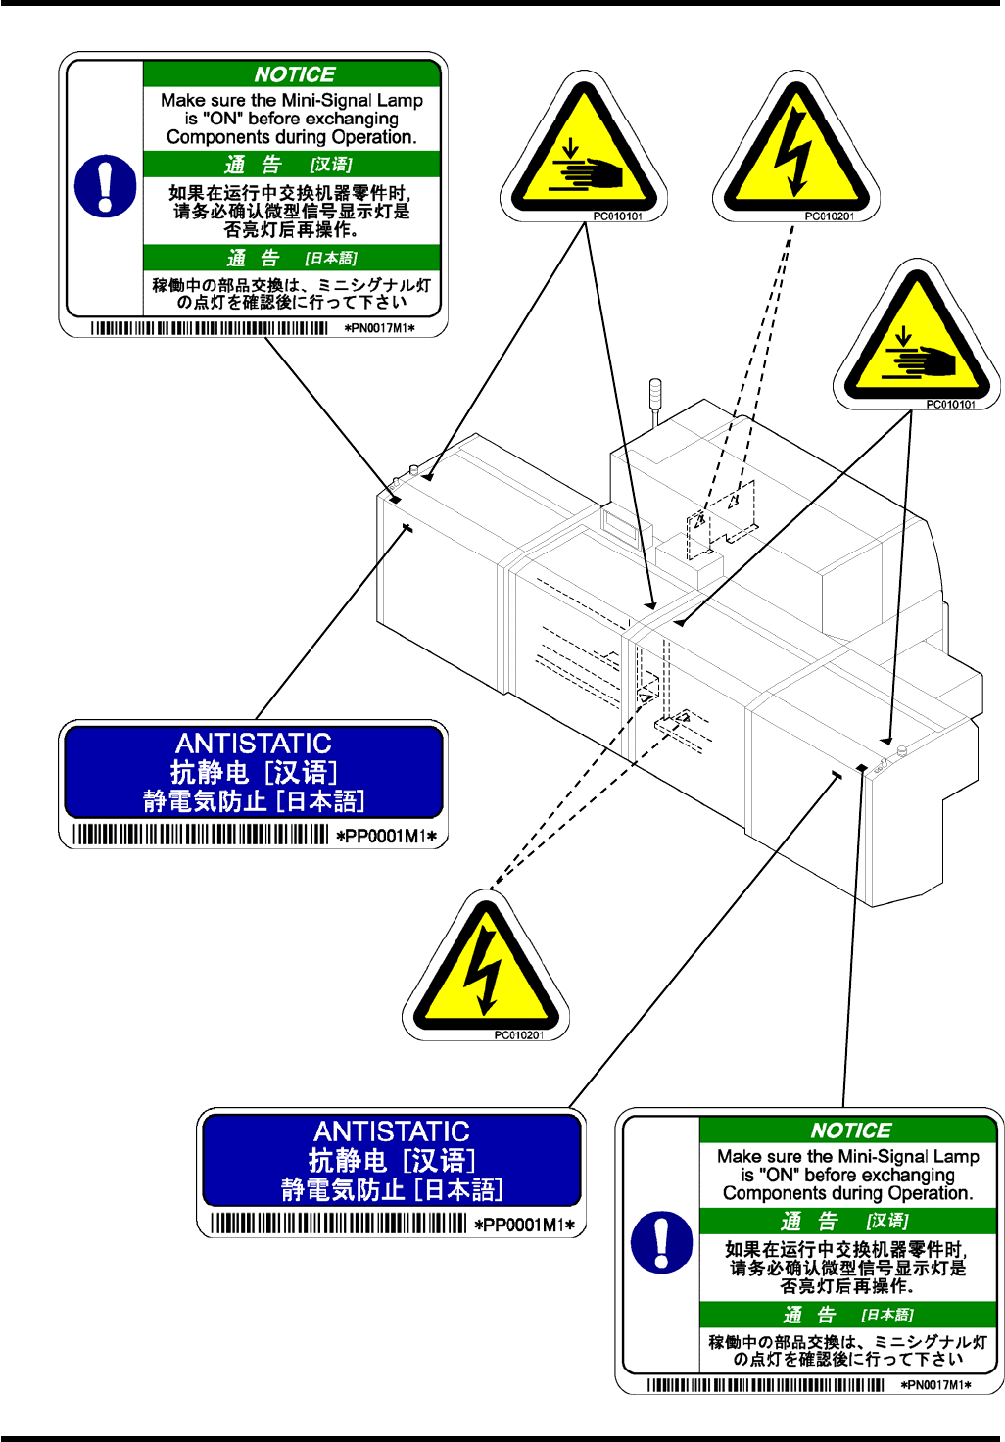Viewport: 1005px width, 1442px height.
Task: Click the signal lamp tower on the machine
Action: (655, 397)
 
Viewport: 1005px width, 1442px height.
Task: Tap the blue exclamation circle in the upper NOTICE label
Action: (106, 185)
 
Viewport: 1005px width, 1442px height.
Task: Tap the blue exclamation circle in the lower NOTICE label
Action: (662, 1242)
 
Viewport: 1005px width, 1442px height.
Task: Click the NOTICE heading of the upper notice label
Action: (294, 74)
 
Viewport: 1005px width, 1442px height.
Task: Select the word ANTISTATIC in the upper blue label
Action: (254, 744)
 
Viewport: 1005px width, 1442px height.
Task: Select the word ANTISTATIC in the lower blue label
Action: (392, 1131)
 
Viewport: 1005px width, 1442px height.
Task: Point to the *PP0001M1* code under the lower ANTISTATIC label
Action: (525, 1225)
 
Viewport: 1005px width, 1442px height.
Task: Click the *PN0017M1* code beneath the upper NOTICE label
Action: (380, 328)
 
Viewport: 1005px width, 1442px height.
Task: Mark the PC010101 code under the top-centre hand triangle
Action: (618, 216)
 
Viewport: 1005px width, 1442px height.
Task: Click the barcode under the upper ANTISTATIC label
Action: (201, 835)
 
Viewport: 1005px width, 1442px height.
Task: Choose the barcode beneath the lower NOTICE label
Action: (765, 1385)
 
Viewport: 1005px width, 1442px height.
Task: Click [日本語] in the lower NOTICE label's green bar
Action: (887, 1315)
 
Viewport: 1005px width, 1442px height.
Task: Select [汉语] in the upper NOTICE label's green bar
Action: (331, 165)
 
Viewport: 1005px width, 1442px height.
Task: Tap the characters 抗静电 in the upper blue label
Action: (210, 772)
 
